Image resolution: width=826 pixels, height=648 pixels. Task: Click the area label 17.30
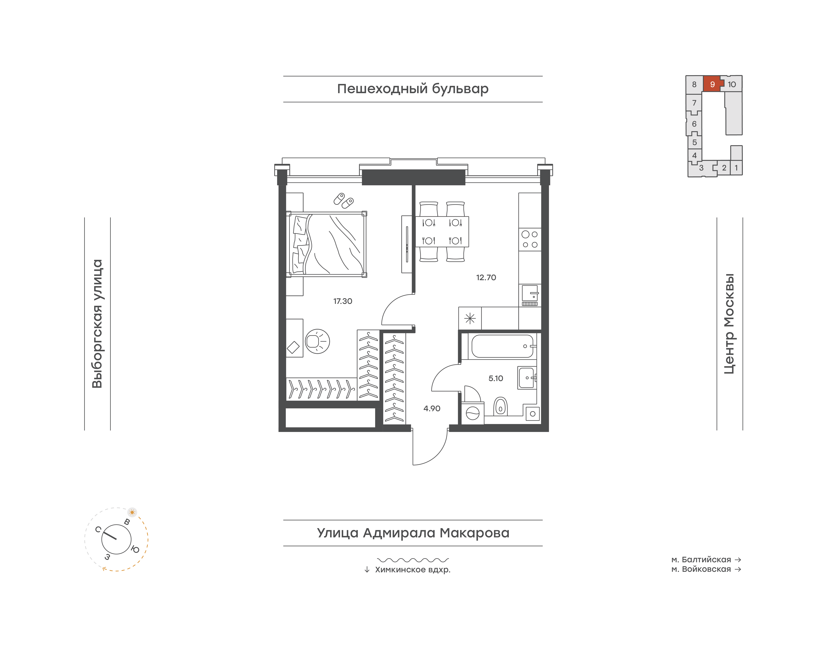[x=343, y=301]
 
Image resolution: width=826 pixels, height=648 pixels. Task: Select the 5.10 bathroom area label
[x=496, y=378]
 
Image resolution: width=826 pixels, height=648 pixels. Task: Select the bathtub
[x=503, y=346]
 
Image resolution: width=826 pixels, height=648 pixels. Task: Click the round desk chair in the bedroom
[x=317, y=341]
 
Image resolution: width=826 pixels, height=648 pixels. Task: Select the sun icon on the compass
[x=132, y=512]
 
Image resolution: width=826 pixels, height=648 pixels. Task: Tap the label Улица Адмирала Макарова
[x=413, y=533]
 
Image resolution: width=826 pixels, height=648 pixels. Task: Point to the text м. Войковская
[x=701, y=569]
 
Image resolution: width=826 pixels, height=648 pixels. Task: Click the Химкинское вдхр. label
[x=413, y=569]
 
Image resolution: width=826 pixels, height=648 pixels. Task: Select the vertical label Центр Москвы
[x=729, y=324]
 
